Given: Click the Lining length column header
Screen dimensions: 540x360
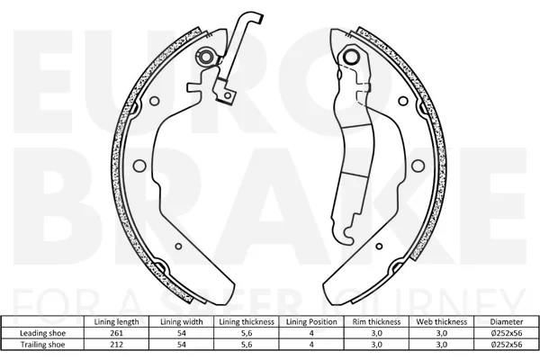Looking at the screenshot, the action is click(x=116, y=322).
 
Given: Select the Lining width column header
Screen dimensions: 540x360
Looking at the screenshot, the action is click(x=182, y=322).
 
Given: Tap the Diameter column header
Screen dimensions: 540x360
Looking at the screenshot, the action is click(x=507, y=322).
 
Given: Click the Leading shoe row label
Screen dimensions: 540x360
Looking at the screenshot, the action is click(x=42, y=333).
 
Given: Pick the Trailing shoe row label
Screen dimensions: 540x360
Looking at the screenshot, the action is click(x=42, y=345).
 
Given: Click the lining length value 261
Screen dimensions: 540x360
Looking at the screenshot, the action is click(x=116, y=333).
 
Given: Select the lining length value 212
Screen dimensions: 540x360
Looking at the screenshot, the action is click(x=116, y=345).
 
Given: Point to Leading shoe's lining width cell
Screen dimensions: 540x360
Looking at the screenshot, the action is click(x=182, y=333).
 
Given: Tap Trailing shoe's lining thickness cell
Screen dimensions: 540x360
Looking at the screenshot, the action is click(x=247, y=345).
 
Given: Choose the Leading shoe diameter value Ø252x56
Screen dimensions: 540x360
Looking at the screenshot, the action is click(x=507, y=333).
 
